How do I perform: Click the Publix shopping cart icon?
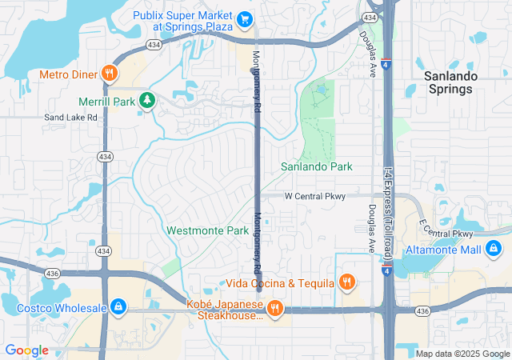coord(246,18)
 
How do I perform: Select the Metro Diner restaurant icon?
coord(110,74)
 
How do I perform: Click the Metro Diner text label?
coord(67,74)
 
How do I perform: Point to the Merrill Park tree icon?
coord(146,100)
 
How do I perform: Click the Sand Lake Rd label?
coord(70,117)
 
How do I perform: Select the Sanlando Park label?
coord(316,166)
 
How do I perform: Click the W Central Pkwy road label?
coord(314,196)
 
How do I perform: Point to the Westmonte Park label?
coord(208,230)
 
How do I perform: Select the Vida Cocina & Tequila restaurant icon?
coord(346,282)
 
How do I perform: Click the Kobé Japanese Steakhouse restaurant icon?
coord(274,309)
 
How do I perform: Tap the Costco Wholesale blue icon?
coord(118,306)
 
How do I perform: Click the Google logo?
coord(26,350)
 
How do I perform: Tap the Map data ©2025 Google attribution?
coord(462,353)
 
